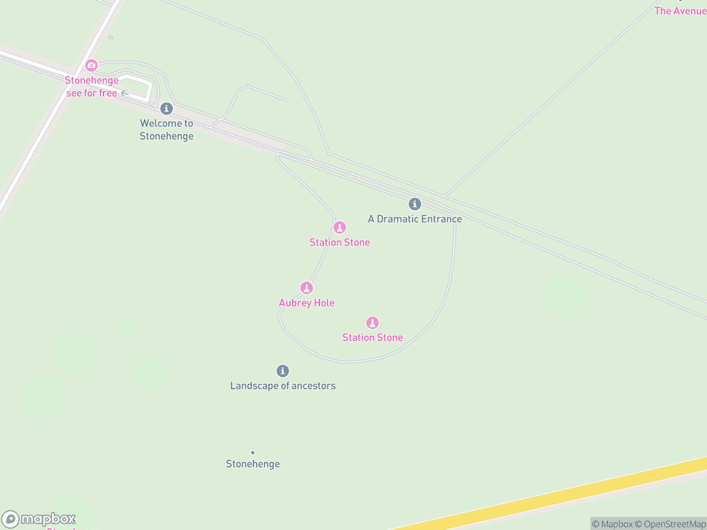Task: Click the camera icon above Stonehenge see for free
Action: tap(92, 65)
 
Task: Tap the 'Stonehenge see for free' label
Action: tap(92, 87)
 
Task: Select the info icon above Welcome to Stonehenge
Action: tap(166, 109)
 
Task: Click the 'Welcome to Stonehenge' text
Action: tap(166, 130)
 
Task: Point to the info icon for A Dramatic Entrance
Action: tap(414, 204)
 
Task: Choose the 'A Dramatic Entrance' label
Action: tap(414, 219)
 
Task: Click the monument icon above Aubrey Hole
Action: tap(306, 288)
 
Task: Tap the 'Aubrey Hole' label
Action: tap(306, 303)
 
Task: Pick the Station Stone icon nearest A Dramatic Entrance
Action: tap(340, 228)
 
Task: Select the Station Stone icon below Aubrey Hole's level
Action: tap(372, 323)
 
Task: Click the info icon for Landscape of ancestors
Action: tap(283, 371)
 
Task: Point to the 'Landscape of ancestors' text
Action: tap(283, 386)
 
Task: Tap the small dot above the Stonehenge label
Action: tap(253, 452)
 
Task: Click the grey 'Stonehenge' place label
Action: tap(253, 464)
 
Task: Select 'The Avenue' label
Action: tap(680, 11)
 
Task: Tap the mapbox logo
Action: tap(39, 520)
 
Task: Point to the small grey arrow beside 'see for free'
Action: tap(124, 93)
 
